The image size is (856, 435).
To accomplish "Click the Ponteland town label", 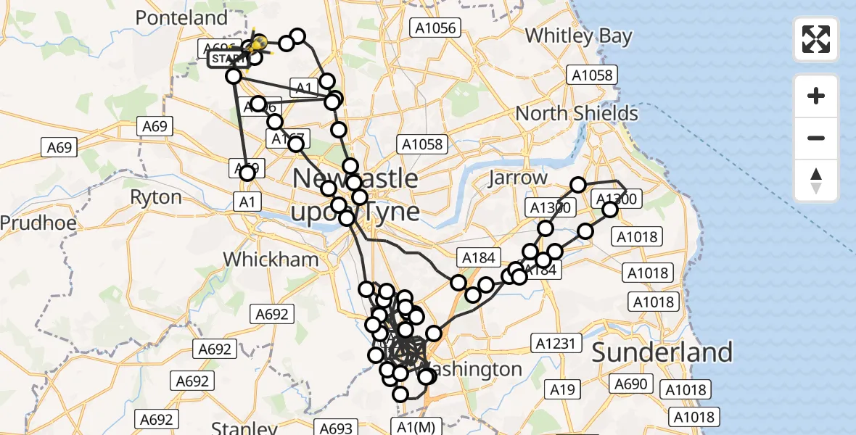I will point(182,18).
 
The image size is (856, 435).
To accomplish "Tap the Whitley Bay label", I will point(578,36).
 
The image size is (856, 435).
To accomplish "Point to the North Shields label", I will point(577,113).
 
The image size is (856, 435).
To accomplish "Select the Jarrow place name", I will point(518,178).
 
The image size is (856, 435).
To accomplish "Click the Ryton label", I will point(156,197).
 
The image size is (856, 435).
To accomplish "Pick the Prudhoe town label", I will point(38,223).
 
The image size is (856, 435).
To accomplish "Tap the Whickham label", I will point(271,260).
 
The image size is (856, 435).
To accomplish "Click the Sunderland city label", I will point(662,352).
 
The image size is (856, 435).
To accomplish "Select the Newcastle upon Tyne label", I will point(355,194).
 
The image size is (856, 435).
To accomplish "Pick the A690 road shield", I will point(631,384).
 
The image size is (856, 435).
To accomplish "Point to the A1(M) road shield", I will point(416,427).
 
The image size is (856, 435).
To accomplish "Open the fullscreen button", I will point(816,39).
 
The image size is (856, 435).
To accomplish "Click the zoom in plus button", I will point(816,96).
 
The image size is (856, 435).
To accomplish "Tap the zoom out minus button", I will point(816,138).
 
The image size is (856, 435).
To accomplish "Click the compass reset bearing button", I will point(816,181).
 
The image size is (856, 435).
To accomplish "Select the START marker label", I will point(229,59).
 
